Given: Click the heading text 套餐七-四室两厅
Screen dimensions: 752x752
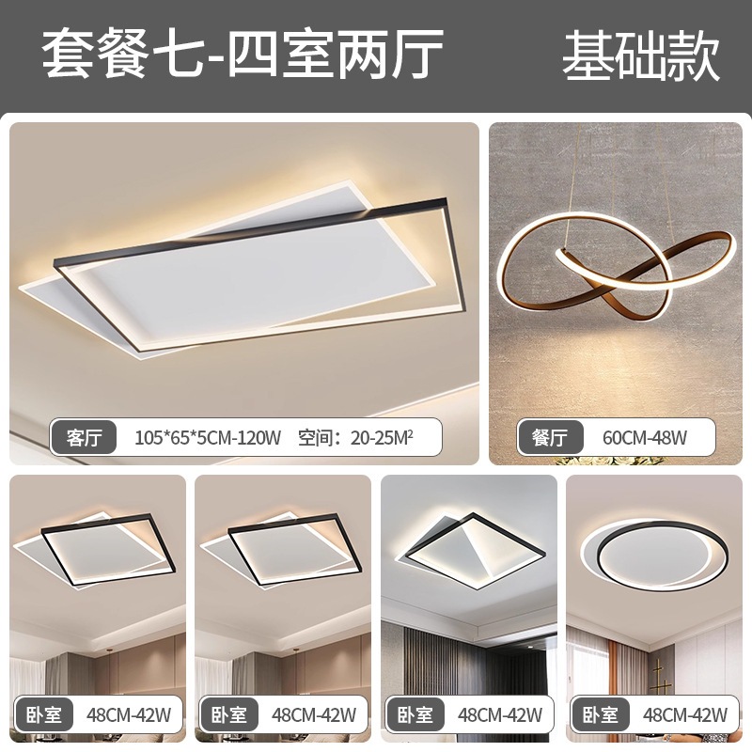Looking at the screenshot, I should (242, 55).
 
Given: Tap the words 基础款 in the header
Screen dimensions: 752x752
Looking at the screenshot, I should (641, 55).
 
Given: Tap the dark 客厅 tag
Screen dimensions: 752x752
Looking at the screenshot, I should (83, 437).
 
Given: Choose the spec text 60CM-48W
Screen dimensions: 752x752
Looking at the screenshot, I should (633, 438).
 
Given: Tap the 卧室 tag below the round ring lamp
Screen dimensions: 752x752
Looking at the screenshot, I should (598, 715).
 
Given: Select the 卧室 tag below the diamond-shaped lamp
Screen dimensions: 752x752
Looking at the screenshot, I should (414, 715).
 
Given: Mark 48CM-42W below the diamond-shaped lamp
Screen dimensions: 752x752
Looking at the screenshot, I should (499, 715).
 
